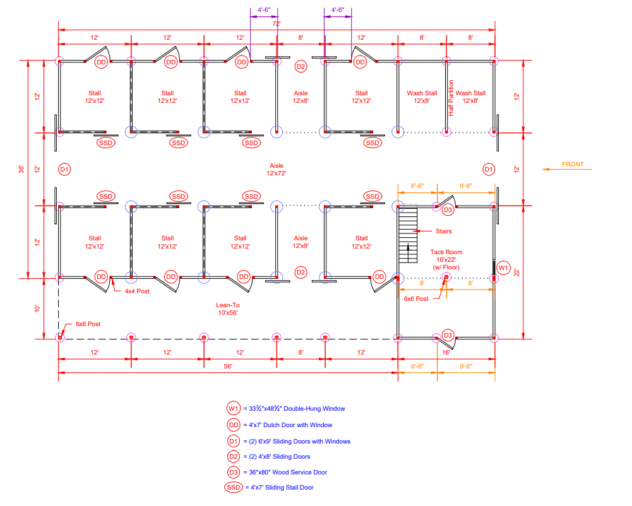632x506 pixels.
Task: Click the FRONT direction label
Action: click(x=572, y=165)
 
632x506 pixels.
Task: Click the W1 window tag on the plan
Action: click(x=503, y=268)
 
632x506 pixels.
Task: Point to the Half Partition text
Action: click(x=451, y=98)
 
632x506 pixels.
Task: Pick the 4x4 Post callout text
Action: click(x=136, y=291)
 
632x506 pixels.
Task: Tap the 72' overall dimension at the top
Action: click(x=276, y=24)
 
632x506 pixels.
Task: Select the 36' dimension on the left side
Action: click(x=21, y=169)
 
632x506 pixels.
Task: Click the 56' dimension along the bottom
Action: click(x=228, y=366)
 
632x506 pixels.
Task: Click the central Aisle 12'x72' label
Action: click(x=277, y=168)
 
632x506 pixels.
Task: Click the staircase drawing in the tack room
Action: click(x=408, y=233)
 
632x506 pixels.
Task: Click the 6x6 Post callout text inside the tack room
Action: click(x=417, y=299)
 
